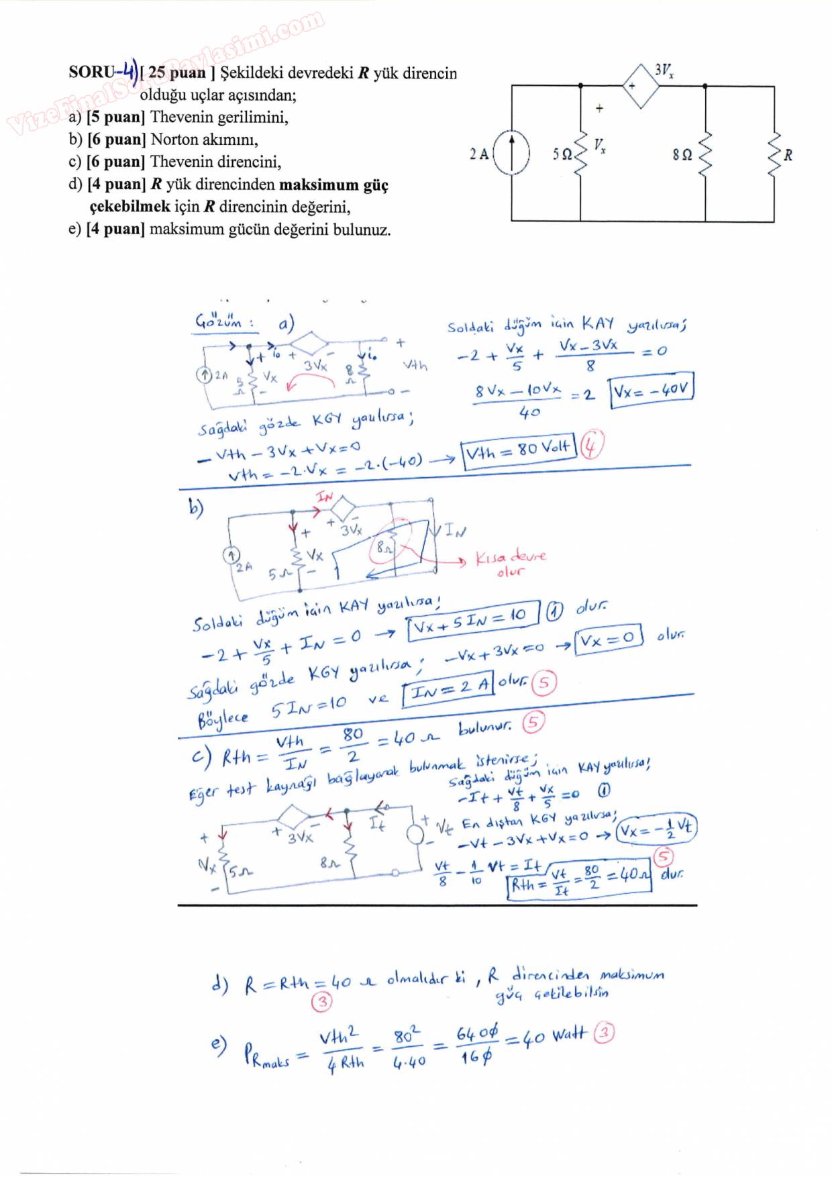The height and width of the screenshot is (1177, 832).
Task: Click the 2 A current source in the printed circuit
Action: (x=511, y=154)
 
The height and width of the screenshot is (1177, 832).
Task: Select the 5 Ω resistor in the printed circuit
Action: (x=581, y=154)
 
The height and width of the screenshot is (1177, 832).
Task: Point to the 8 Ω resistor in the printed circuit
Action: (x=705, y=154)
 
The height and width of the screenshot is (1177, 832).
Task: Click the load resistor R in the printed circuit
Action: (x=774, y=154)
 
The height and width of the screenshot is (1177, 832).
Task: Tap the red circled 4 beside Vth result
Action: (x=592, y=446)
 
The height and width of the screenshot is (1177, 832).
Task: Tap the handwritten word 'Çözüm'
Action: (x=218, y=322)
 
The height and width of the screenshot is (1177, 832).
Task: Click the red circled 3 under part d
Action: (x=322, y=1003)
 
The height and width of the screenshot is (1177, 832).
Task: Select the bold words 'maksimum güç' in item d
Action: (x=333, y=185)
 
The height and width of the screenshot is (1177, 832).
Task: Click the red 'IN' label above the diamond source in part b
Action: (x=325, y=497)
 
